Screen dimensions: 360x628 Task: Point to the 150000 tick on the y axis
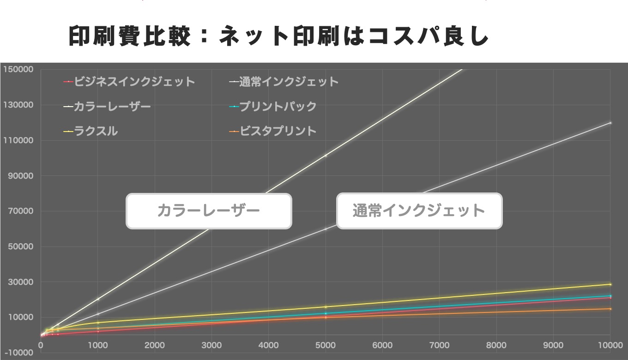pyautogui.click(x=18, y=69)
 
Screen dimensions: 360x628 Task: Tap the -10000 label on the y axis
pyautogui.click(x=18, y=353)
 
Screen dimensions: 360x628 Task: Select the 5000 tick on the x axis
pyautogui.click(x=326, y=345)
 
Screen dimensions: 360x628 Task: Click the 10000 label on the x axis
pyautogui.click(x=610, y=345)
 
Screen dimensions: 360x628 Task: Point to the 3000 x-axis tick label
pyautogui.click(x=211, y=345)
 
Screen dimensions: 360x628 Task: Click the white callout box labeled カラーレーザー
pyautogui.click(x=209, y=211)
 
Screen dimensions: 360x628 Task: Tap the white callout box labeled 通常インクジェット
pyautogui.click(x=419, y=211)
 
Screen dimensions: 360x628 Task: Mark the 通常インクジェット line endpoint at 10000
pyautogui.click(x=610, y=123)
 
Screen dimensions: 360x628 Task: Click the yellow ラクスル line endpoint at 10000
pyautogui.click(x=610, y=284)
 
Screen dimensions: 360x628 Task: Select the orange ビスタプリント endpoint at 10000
pyautogui.click(x=610, y=309)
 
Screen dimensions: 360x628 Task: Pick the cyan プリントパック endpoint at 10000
pyautogui.click(x=610, y=296)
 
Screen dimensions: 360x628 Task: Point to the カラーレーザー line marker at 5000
pyautogui.click(x=326, y=156)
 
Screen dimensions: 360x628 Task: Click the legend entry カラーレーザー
pyautogui.click(x=112, y=106)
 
